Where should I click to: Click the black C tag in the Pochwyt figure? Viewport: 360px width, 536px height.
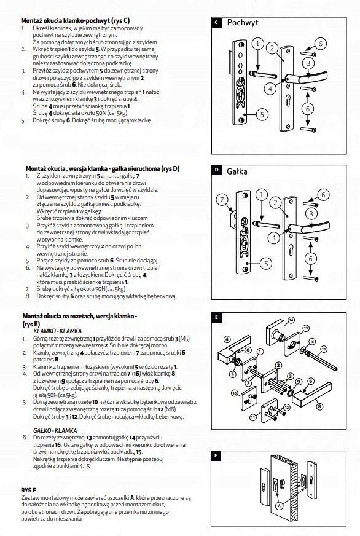click(216, 23)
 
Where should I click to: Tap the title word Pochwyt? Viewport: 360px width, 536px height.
click(243, 23)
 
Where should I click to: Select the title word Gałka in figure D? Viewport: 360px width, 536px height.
click(237, 171)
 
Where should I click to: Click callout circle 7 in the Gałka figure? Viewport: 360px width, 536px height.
click(222, 199)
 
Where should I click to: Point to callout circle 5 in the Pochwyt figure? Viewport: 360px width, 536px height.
click(262, 114)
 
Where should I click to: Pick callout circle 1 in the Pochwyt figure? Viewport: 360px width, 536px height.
click(258, 44)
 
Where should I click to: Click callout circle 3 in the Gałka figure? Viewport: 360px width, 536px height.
click(311, 215)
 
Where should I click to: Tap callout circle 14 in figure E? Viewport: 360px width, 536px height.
click(291, 320)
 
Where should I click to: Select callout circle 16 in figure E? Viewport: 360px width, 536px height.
click(324, 349)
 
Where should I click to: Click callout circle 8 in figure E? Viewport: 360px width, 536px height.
click(319, 406)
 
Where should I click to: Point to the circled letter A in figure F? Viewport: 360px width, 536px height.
click(280, 505)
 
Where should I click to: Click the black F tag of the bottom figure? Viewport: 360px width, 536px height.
click(216, 455)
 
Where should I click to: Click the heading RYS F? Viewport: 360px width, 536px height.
click(29, 490)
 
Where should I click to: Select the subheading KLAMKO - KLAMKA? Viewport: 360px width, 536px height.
click(57, 331)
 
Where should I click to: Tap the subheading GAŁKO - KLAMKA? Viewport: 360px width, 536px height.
click(55, 430)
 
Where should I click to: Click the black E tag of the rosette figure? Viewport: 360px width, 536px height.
click(216, 318)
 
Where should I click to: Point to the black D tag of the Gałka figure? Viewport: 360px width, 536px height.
click(216, 170)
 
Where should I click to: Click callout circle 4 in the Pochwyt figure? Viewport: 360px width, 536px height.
click(270, 89)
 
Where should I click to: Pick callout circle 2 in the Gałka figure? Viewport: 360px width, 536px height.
click(276, 203)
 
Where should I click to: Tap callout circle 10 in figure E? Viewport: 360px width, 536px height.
click(235, 393)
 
